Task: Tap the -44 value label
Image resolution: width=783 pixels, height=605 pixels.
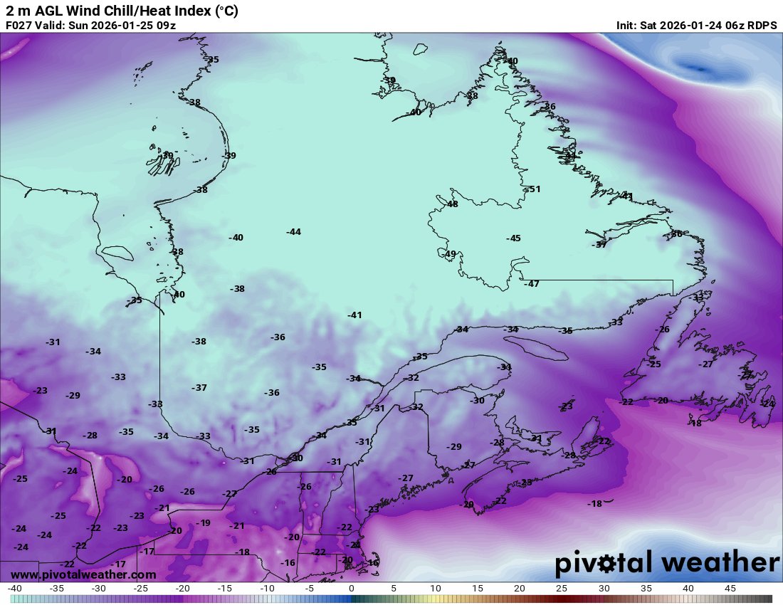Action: tap(293, 232)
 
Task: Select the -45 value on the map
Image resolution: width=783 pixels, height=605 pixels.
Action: tap(513, 238)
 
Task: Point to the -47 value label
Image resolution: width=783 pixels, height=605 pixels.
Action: tap(531, 284)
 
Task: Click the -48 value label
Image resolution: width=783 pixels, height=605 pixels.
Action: tap(451, 204)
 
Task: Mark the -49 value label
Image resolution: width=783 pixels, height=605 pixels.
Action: tap(449, 254)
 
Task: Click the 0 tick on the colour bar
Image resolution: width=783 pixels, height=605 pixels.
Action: tap(351, 589)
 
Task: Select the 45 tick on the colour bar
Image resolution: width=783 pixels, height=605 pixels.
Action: tap(730, 589)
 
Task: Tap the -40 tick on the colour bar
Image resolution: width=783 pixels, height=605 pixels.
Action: tap(14, 589)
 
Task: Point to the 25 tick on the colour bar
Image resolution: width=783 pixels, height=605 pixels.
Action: tap(562, 589)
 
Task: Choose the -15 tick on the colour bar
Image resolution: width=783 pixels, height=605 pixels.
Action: tap(225, 589)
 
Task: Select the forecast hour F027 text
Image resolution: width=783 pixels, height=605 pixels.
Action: tap(19, 26)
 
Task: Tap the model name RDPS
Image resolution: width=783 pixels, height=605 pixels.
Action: tap(762, 26)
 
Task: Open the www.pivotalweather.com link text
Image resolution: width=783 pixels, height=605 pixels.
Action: tap(83, 574)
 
